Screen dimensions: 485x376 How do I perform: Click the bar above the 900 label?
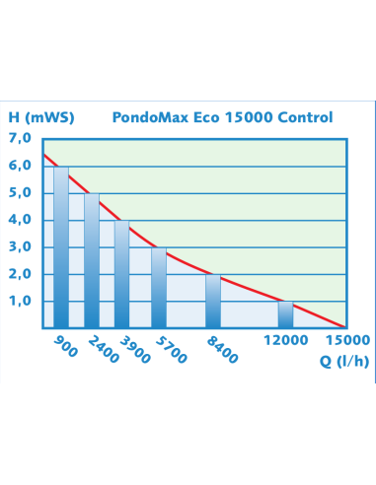tap(61, 246)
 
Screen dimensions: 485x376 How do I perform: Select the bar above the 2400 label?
tap(92, 259)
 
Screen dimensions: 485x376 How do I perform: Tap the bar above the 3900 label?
tap(122, 273)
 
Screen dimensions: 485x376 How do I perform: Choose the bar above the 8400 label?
tap(213, 301)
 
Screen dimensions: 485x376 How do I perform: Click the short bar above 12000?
tap(285, 313)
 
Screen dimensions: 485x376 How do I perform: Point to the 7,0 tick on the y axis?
tap(21, 138)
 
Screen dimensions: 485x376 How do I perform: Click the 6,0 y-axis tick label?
tap(21, 166)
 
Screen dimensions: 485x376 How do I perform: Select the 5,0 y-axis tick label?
tap(21, 192)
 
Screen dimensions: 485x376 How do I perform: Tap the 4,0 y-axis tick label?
tap(21, 219)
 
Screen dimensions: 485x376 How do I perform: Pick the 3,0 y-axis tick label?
tap(21, 246)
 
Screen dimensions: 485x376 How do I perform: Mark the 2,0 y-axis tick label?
tap(21, 273)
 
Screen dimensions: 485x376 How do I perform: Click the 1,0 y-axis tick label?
tap(21, 301)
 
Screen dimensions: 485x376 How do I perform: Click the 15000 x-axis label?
tap(347, 340)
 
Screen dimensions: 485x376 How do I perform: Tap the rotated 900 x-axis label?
tap(61, 345)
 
